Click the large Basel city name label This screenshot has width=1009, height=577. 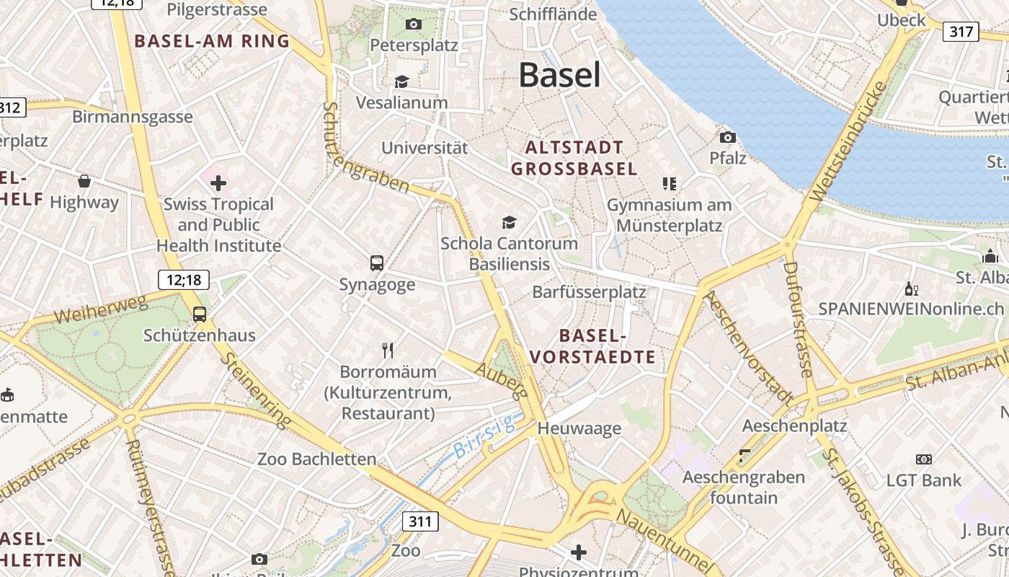point(559,75)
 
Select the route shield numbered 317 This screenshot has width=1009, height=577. point(961,32)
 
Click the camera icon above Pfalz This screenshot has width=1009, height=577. point(728,137)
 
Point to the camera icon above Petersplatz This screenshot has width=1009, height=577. point(413,24)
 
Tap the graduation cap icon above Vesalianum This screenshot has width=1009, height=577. point(401,82)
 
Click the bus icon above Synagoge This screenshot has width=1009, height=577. point(377,263)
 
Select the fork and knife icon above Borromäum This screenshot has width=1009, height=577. point(388,351)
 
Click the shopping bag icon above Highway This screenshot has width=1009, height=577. point(84,181)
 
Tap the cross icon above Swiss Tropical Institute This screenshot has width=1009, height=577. point(218,183)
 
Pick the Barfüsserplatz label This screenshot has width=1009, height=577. point(589,292)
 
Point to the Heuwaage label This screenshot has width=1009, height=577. point(579,428)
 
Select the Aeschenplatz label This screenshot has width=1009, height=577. point(794,426)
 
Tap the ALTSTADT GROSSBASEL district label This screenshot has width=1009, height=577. point(574,158)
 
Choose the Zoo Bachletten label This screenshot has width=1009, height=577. point(317,459)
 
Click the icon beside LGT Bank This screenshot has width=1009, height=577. point(923,459)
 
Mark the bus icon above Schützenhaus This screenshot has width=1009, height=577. point(200,314)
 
